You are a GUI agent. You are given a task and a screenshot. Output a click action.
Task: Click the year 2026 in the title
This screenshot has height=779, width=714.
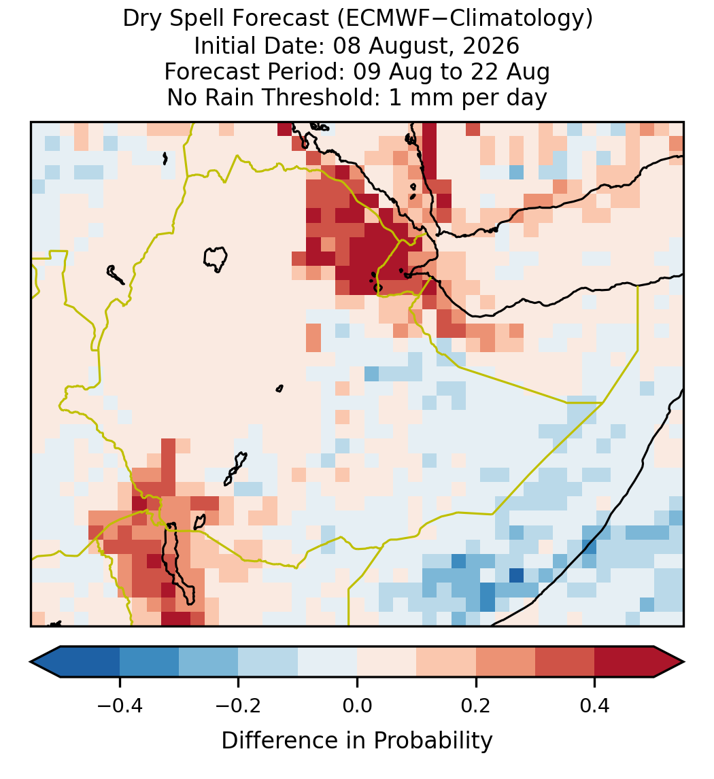coord(491,46)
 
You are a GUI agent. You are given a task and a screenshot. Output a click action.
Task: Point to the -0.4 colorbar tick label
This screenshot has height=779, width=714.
coord(119,705)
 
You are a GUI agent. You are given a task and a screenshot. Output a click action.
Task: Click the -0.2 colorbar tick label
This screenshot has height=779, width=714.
coord(238,705)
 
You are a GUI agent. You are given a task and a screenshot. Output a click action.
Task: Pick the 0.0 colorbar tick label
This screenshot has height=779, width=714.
coord(357,705)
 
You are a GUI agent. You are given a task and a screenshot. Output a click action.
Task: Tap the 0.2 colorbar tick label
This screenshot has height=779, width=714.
coord(476,705)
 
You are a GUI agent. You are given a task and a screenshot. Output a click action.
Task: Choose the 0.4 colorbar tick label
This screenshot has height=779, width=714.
coord(595,705)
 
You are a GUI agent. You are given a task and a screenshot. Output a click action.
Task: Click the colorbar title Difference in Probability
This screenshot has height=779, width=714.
coord(357,740)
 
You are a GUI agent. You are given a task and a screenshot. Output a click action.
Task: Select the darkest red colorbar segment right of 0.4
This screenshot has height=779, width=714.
coord(624,662)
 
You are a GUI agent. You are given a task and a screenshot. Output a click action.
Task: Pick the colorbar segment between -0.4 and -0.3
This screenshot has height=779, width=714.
coord(149,662)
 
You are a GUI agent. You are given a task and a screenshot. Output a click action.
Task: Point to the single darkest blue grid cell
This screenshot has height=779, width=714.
coord(516,575)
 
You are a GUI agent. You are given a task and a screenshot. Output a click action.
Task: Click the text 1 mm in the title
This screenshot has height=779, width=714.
coord(422,97)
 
